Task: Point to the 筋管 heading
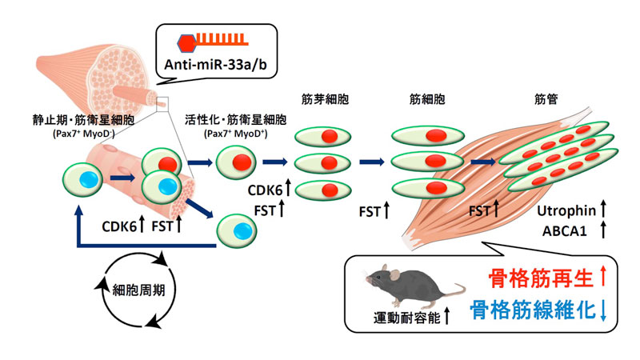(x=547, y=102)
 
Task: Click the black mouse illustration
(x=408, y=284)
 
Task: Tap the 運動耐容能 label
(x=409, y=316)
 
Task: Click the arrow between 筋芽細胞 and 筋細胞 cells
(x=371, y=162)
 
